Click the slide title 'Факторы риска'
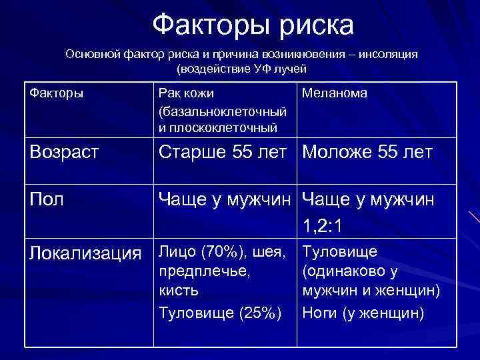(253, 25)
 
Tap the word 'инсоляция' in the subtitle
(388, 54)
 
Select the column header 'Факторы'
(57, 93)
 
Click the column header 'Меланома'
(334, 93)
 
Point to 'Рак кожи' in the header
(186, 93)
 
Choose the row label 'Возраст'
(64, 153)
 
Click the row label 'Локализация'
(86, 253)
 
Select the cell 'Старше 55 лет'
(226, 153)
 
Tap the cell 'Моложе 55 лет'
(367, 153)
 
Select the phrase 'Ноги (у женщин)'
(363, 312)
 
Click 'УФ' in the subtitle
(258, 69)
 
